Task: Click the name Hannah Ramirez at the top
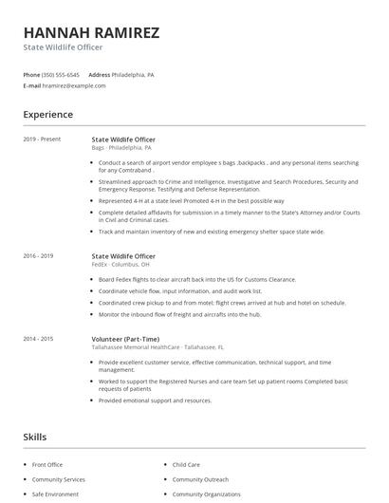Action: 91,32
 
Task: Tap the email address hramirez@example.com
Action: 75,85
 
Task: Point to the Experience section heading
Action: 47,115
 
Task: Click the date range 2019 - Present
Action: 42,140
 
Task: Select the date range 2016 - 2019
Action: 39,255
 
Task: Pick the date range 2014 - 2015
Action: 39,339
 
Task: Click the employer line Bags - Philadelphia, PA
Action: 121,148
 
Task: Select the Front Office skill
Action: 48,465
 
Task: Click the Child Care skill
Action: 186,465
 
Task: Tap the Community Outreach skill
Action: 201,479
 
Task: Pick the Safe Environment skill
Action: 55,494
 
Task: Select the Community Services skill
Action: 58,479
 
